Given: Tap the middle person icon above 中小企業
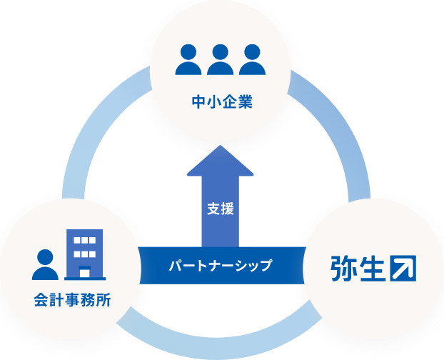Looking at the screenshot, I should coord(221,60).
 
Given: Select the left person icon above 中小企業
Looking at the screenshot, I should coord(188,60).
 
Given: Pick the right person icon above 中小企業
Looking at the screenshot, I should coord(252,60).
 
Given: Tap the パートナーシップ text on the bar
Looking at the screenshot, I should coord(221,266).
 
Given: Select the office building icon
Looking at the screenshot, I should coord(84,254).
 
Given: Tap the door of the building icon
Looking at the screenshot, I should coord(84,272).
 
